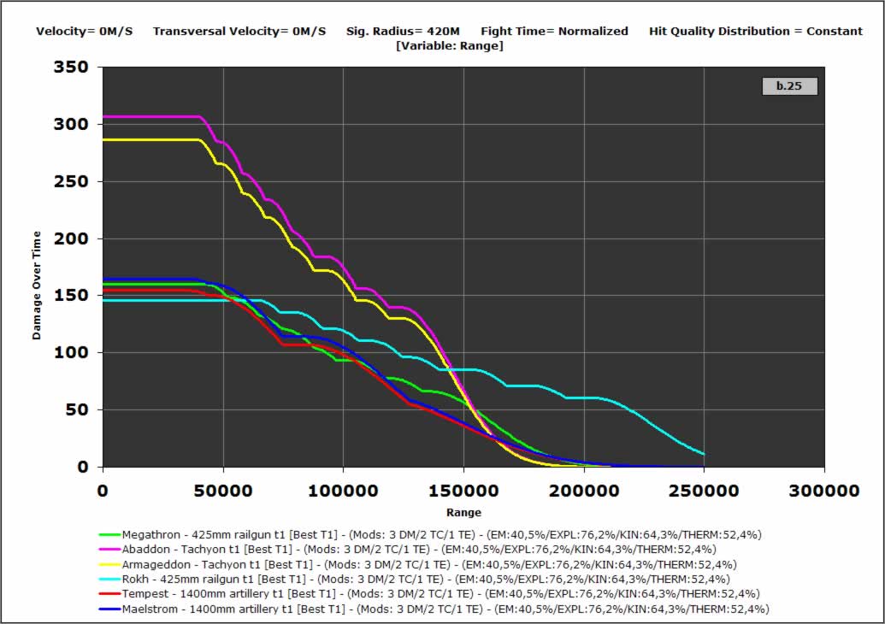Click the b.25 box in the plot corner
[x=789, y=86]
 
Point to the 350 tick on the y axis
[x=72, y=67]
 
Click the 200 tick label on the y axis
[x=72, y=238]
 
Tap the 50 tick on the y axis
[x=78, y=409]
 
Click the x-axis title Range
[x=463, y=512]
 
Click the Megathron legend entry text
[x=441, y=534]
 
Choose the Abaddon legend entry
[x=419, y=549]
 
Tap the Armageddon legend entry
[x=429, y=564]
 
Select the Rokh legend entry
[x=426, y=579]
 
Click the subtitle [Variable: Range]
[x=450, y=45]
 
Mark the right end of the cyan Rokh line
[x=703, y=454]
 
